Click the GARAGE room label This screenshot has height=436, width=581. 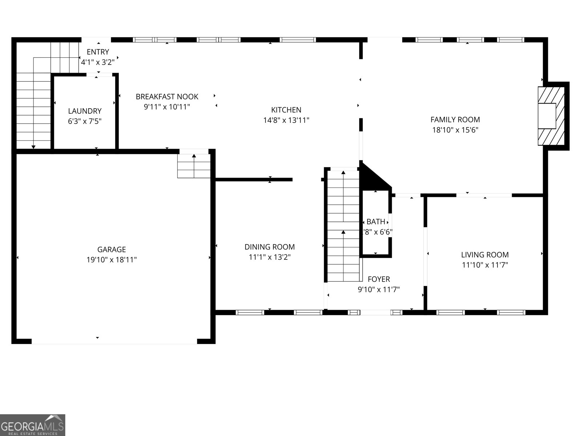pos(111,250)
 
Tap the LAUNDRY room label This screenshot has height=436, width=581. pos(85,111)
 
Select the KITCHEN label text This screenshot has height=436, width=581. pos(286,110)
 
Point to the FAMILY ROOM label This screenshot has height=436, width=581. pos(455,120)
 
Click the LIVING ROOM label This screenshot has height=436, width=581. pos(485,255)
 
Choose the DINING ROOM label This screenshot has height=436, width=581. pos(269,247)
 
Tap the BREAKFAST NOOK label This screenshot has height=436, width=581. pos(167,97)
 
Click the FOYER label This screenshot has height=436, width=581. pos(379,279)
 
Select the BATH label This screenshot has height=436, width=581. pos(376,222)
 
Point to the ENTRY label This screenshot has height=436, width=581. pos(98,52)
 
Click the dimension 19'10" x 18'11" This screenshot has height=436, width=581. pos(111,260)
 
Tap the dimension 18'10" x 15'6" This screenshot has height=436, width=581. pos(455,130)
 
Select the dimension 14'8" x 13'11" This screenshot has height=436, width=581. pos(286,120)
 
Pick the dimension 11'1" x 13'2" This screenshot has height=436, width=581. pos(269,257)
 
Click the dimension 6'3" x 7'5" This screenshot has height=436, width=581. pos(85,121)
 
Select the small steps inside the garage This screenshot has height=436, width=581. pos(194,166)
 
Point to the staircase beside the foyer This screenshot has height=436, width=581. pos(343,225)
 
